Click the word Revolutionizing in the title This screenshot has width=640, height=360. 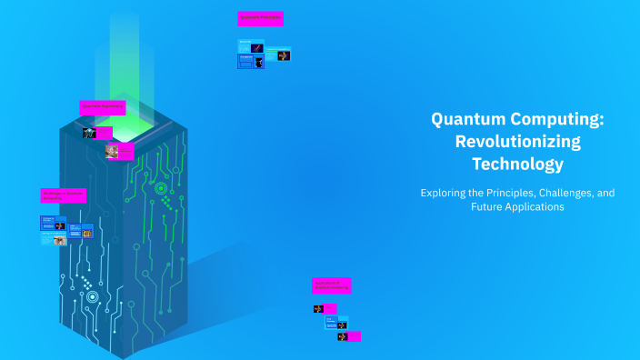click(517, 142)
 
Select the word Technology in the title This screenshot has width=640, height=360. click(517, 165)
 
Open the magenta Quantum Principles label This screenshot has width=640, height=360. click(260, 18)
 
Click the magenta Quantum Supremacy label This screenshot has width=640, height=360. click(102, 107)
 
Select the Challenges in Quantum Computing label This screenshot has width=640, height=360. click(62, 195)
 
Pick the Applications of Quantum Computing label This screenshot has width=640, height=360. click(331, 285)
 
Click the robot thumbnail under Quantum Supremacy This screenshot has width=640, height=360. click(90, 133)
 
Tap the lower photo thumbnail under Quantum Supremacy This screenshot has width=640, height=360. click(113, 151)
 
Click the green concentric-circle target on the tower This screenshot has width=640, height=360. click(161, 189)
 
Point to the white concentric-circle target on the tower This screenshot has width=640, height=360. click(91, 296)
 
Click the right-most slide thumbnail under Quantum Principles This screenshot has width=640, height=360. click(284, 55)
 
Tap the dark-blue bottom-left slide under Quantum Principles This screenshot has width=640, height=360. click(245, 62)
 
